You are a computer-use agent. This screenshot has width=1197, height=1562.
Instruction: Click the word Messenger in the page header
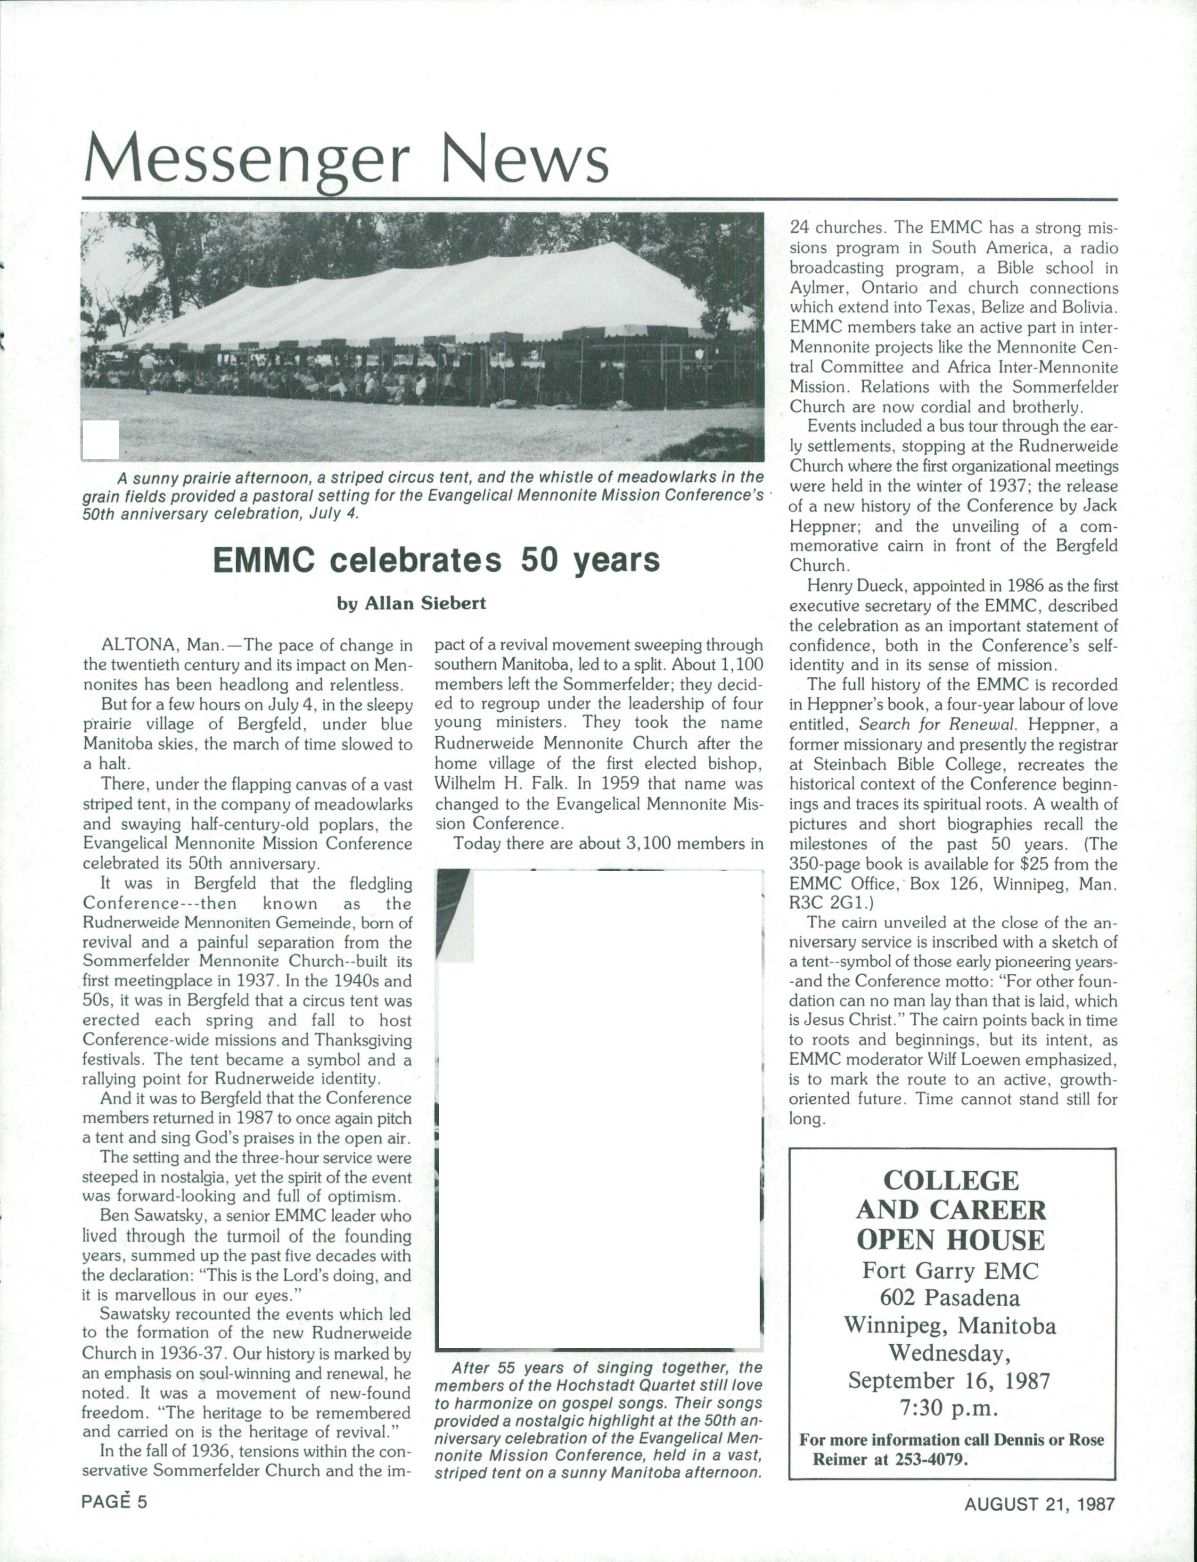(246, 160)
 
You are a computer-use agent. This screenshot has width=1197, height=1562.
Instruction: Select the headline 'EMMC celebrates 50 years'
(436, 560)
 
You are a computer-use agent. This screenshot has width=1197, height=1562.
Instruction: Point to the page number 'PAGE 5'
(114, 1502)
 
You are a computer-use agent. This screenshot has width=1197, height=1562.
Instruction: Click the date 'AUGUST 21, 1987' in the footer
(1039, 1504)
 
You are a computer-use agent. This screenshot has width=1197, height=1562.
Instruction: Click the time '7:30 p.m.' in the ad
(950, 1409)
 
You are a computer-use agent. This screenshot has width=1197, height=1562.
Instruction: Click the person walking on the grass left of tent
(148, 370)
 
